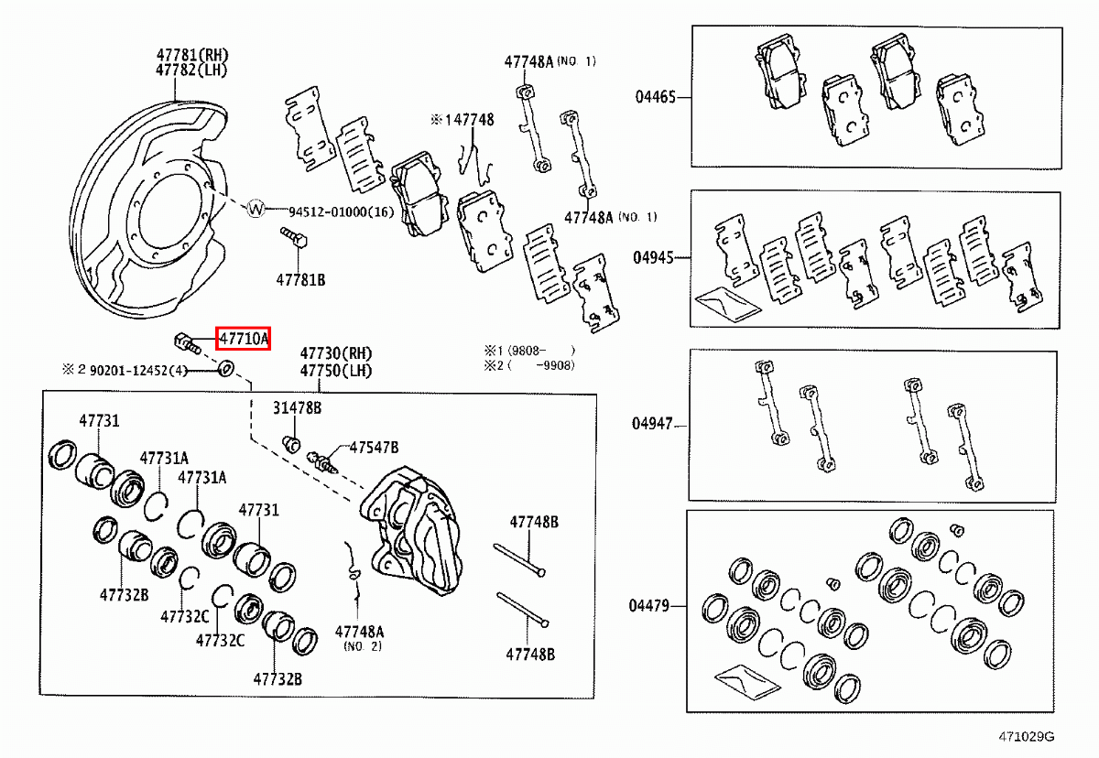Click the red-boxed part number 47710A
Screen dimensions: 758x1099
pos(243,341)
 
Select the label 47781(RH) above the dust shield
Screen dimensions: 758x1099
pos(191,56)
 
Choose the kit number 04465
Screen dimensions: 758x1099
pos(654,96)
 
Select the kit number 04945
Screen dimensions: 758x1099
pos(653,257)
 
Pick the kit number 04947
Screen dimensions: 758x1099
pos(652,424)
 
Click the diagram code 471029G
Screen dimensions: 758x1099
pos(1027,736)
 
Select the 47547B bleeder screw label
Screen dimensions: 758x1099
pos(374,447)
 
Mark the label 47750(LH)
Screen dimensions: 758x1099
pos(336,371)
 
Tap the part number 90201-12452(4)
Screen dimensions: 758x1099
pos(138,370)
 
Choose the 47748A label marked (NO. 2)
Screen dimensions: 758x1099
pos(360,632)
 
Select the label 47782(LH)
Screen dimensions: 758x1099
pos(191,70)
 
